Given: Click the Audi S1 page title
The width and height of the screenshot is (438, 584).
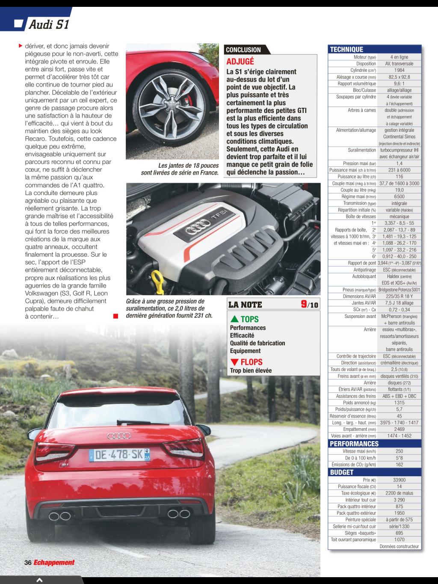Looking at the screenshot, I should [48, 25].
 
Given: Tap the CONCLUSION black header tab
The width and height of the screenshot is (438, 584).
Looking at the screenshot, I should [243, 50].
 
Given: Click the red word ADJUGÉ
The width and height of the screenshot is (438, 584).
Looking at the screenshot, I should [240, 62].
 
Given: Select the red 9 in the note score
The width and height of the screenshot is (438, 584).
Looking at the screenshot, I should [304, 304].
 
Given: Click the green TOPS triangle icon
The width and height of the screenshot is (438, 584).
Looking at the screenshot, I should [234, 319].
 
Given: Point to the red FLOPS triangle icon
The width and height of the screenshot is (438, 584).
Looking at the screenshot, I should [234, 362].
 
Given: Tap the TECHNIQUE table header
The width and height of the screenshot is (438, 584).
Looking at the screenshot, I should [346, 50].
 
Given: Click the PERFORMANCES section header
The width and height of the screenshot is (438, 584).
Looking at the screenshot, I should [354, 444].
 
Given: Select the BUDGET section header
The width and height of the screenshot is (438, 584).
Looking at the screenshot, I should [342, 472].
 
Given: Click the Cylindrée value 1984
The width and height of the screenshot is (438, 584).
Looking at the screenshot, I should [399, 70].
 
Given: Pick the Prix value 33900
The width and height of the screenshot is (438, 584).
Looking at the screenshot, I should [399, 480].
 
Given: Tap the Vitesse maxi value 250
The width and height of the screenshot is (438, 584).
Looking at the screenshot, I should [399, 451].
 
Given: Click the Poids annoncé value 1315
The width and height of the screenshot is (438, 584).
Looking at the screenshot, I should [399, 403].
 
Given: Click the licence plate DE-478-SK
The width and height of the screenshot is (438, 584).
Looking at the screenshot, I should [117, 455].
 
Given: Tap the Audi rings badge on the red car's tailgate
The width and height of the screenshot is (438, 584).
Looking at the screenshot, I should [118, 436].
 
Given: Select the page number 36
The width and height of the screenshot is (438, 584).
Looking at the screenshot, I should [28, 563].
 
